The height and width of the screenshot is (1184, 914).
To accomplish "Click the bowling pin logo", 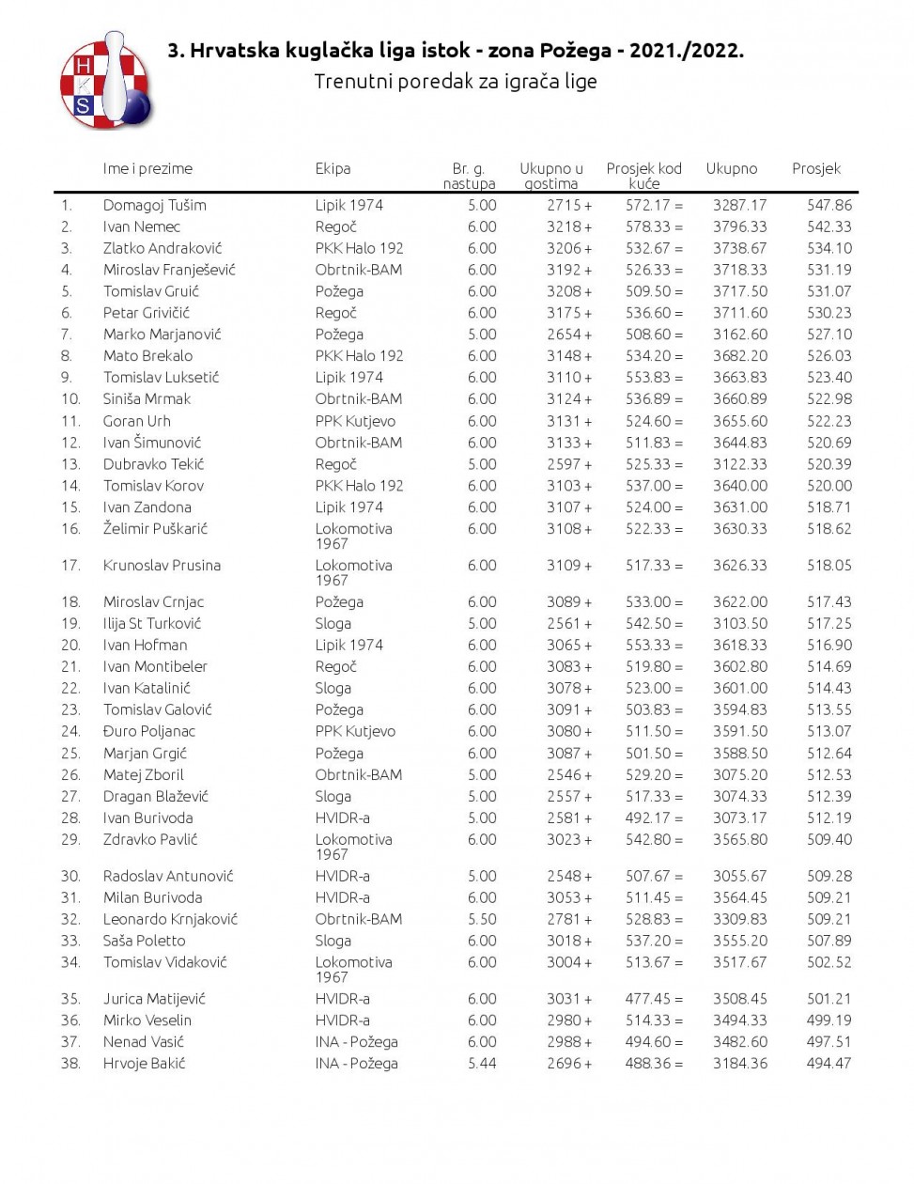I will coord(106,82).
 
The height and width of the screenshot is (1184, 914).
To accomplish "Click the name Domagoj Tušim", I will coord(154,205).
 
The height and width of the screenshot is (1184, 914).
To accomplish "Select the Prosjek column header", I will coord(815,168).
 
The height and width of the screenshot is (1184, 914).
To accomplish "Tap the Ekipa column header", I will coord(333,168).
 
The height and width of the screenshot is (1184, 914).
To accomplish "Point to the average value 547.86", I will coord(829,205).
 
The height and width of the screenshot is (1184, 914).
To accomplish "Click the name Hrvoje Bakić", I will coord(144,1064).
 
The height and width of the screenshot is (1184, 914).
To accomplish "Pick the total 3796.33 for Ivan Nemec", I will coord(739,226).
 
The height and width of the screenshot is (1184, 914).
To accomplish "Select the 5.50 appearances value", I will coord(482,919).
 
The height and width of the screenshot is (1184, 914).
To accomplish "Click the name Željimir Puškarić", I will coord(155,529).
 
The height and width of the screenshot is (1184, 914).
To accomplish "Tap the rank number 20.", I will coord(70,645).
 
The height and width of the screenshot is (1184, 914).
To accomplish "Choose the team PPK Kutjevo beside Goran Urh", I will coord(355,421).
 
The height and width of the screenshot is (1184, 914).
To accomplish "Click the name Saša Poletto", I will coord(144,941).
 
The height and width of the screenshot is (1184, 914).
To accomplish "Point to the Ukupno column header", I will coord(731,168).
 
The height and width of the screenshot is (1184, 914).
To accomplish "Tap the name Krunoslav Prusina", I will coord(162,566).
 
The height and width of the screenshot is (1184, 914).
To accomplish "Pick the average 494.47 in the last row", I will coord(829,1064).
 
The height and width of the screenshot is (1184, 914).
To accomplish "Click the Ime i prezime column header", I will coord(147,168).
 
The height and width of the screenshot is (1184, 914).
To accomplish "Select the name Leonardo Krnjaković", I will coord(170,919).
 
